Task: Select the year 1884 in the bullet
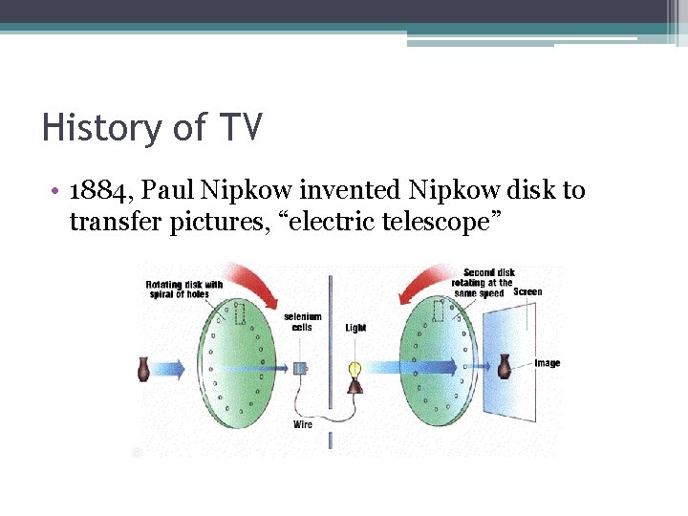[98, 191]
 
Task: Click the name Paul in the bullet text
[168, 191]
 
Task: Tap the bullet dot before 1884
[58, 191]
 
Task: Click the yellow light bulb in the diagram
[354, 368]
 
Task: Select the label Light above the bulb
[355, 329]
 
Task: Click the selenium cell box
[299, 368]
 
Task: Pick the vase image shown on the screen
[504, 364]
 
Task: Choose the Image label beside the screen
[548, 363]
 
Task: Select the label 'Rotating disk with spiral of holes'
[184, 290]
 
